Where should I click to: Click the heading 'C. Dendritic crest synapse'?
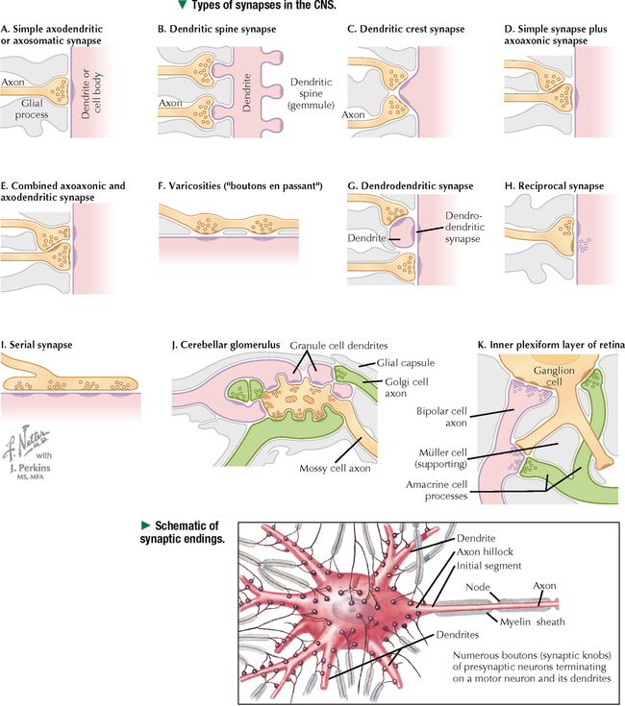tap(406, 31)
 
